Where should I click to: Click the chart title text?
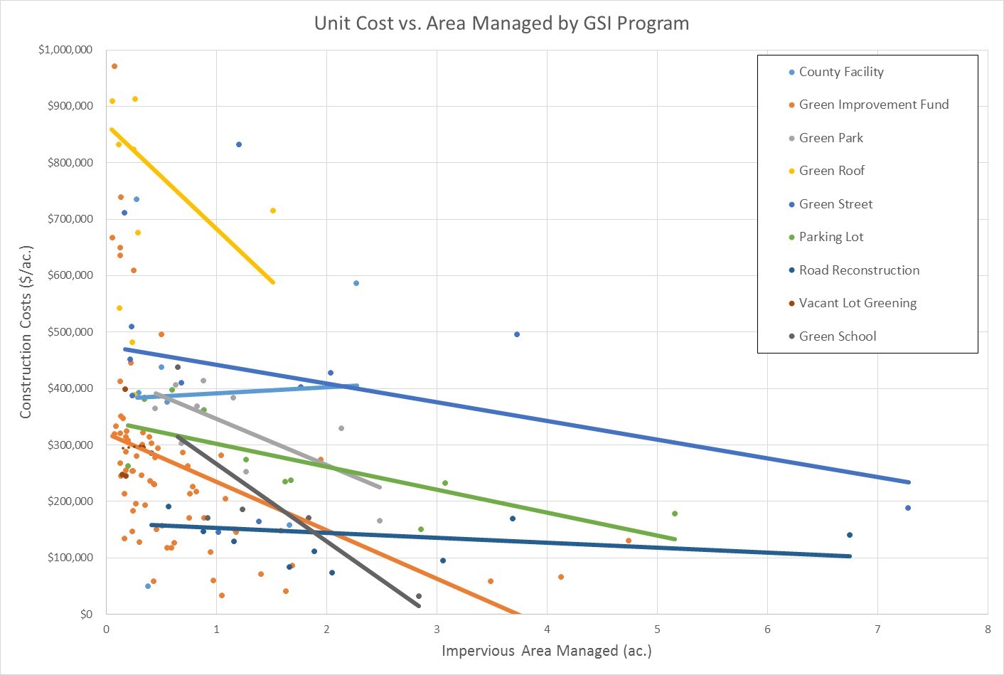click(x=501, y=23)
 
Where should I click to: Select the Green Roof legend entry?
click(x=831, y=171)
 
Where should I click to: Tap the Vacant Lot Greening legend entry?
click(x=857, y=303)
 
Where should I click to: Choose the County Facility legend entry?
click(x=840, y=72)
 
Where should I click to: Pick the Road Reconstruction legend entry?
click(x=858, y=270)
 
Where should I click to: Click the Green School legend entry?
click(x=837, y=336)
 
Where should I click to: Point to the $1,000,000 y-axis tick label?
click(x=65, y=50)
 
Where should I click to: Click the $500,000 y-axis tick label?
click(x=70, y=332)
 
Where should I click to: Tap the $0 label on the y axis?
click(x=85, y=614)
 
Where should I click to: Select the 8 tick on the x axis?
click(x=988, y=629)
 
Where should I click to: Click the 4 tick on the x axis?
click(x=547, y=629)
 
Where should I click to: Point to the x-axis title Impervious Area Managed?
click(x=546, y=651)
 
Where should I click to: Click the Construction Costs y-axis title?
click(x=26, y=332)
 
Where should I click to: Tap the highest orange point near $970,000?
click(x=114, y=66)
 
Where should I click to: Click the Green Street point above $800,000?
click(x=239, y=144)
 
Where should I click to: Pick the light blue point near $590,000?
click(x=356, y=283)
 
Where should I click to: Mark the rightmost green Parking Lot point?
click(x=675, y=514)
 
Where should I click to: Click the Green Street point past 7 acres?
click(x=908, y=508)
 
